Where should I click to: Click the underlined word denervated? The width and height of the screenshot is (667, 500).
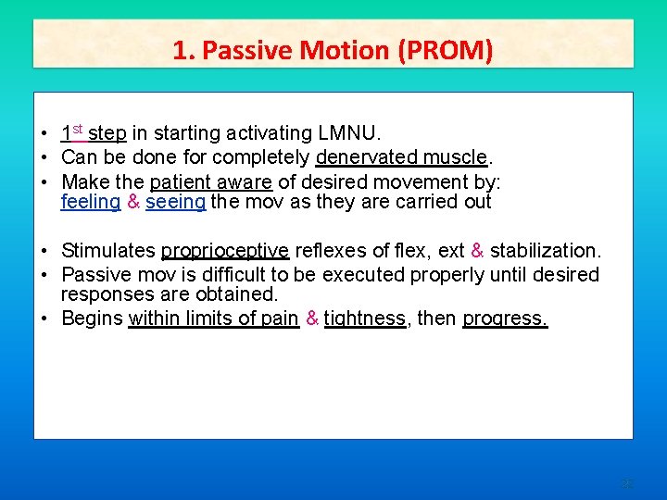(x=364, y=156)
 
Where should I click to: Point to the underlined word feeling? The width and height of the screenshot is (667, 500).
(x=90, y=202)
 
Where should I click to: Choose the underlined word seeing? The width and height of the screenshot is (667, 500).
(x=175, y=202)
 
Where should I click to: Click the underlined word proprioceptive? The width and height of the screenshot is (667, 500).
(x=225, y=251)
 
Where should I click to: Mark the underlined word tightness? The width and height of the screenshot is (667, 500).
(x=365, y=319)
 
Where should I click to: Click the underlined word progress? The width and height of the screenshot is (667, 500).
(x=505, y=319)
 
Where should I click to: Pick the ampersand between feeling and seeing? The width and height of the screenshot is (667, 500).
(x=133, y=202)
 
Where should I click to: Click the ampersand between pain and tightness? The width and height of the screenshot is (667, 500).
(x=312, y=319)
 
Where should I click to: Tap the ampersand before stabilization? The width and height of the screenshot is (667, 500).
(x=477, y=251)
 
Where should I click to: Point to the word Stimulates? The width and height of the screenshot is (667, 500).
(x=108, y=251)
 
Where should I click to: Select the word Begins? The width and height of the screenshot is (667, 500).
(x=92, y=319)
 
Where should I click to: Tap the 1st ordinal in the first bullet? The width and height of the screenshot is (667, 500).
(x=72, y=132)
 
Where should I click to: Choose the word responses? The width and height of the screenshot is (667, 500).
(x=105, y=294)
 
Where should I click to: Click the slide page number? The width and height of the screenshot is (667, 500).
(x=627, y=483)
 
